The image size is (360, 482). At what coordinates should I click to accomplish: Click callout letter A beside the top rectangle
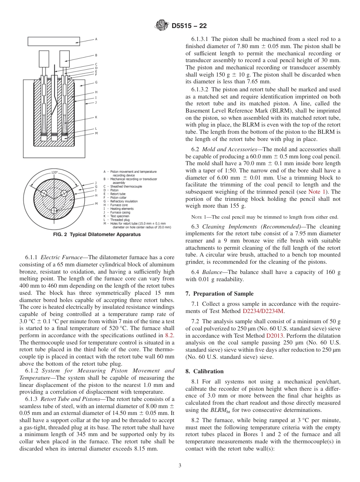[96, 39]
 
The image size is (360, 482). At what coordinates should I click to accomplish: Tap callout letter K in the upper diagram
[96, 117]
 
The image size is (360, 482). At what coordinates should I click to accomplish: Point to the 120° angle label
[54, 172]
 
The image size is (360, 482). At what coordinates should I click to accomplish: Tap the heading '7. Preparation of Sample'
[219, 293]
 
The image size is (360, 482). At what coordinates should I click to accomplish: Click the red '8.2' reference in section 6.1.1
[169, 335]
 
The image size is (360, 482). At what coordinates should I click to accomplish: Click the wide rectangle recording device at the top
[54, 41]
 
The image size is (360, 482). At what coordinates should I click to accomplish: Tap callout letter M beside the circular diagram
[96, 203]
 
